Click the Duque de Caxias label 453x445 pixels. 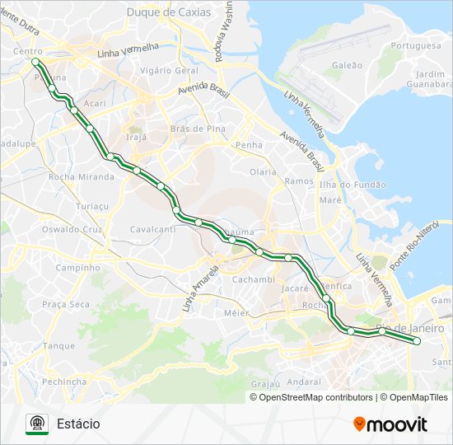[x=168, y=12]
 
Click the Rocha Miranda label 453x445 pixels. [x=81, y=177]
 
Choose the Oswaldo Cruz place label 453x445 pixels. [x=72, y=229]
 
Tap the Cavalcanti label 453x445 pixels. [x=153, y=229]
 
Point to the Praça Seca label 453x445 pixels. [x=66, y=304]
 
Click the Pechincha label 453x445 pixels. [x=64, y=382]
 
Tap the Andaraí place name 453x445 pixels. [x=305, y=382]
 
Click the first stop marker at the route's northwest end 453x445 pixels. [x=35, y=62]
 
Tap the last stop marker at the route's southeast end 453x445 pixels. [x=417, y=340]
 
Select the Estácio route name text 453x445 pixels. [x=78, y=424]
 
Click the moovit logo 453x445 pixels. [x=390, y=424]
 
